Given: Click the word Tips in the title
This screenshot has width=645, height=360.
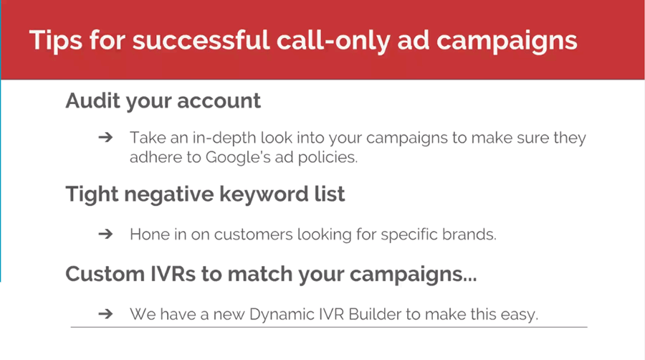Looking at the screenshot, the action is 55,41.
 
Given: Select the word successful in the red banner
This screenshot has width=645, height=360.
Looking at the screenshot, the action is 201,40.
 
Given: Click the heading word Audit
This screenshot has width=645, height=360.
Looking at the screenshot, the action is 92,100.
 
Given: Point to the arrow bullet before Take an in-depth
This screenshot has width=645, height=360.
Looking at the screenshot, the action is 106,137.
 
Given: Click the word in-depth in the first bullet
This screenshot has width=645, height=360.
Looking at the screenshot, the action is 224,138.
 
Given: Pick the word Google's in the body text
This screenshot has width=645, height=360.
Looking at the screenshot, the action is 238,158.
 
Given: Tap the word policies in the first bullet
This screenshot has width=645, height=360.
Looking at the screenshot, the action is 328,158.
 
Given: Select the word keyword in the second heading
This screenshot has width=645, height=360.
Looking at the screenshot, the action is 264,194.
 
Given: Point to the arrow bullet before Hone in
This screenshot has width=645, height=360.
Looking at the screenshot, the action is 106,234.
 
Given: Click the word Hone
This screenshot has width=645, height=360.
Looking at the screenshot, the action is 149,235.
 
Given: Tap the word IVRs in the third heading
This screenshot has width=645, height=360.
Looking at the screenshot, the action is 172,274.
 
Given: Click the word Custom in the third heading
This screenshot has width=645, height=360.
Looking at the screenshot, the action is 105,274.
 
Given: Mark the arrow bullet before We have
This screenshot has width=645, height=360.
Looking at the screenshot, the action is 106,314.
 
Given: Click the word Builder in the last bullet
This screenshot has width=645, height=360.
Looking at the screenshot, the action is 375,314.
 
